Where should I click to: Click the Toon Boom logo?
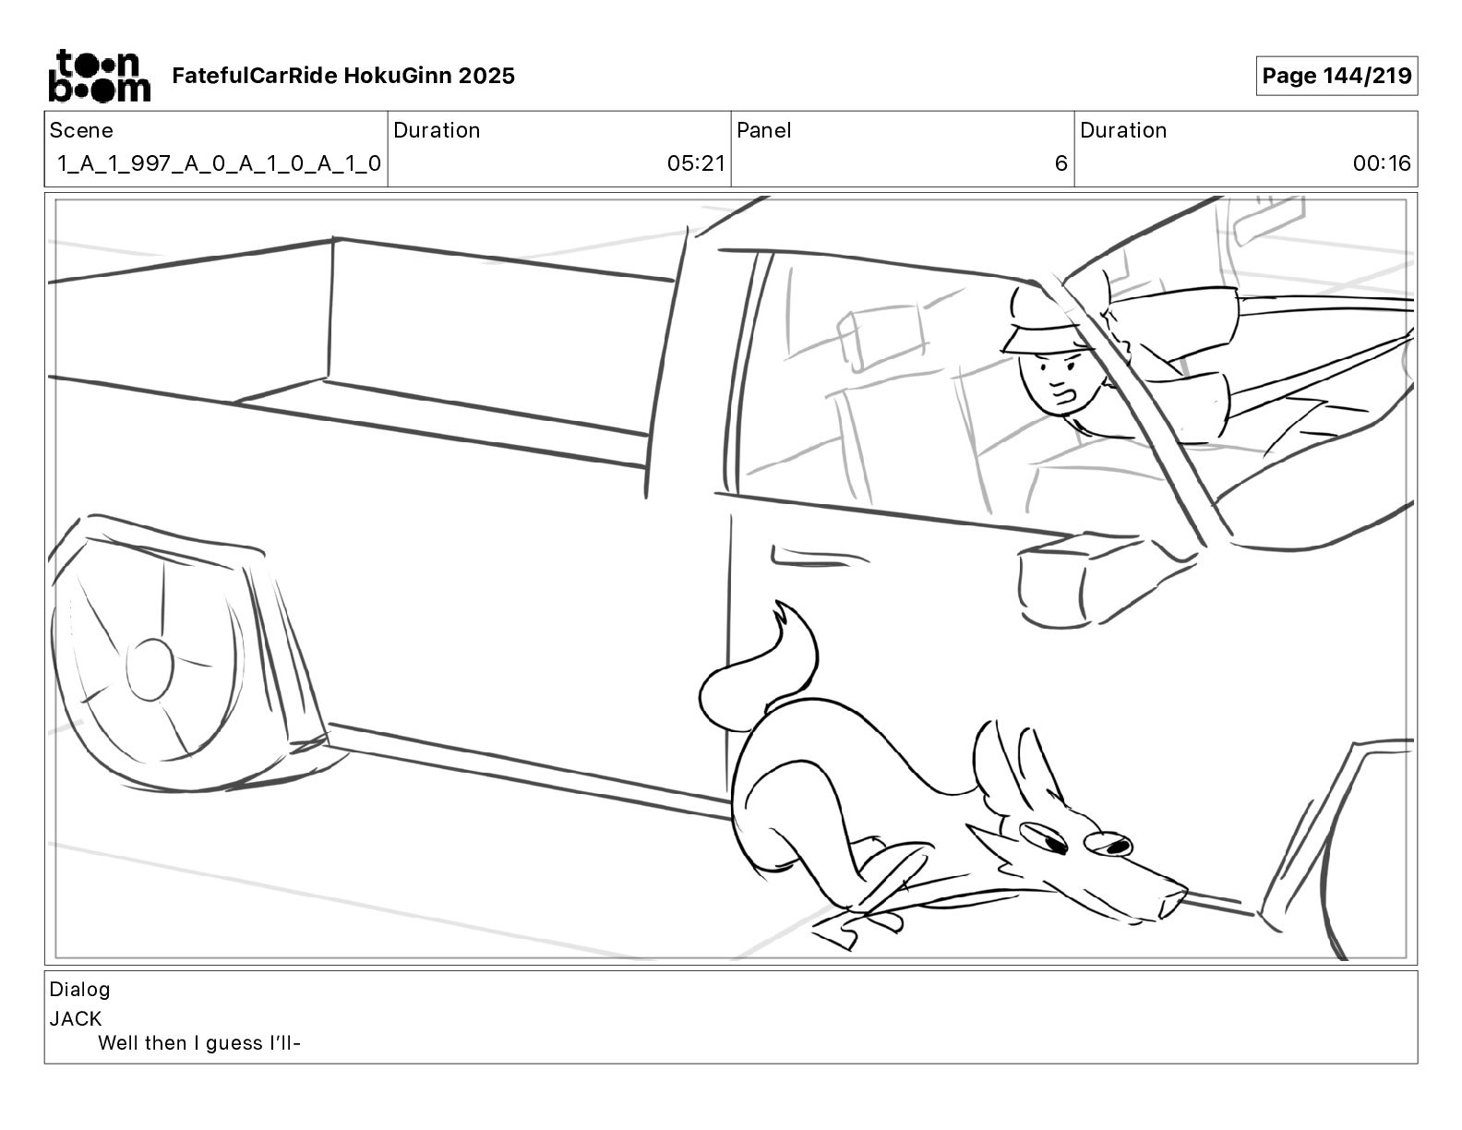tap(99, 76)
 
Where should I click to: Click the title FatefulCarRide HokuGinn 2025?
tap(343, 76)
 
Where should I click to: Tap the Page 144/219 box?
tap(1336, 76)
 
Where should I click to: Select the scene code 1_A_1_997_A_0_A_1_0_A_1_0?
tap(219, 164)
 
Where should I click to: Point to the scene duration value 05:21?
tap(696, 164)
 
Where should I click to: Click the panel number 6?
tap(1061, 164)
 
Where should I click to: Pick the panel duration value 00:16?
tap(1382, 164)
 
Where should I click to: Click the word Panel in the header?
tap(763, 130)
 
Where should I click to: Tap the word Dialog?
tap(79, 990)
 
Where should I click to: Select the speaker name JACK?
tap(76, 1019)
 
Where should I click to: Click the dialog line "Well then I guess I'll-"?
tap(200, 1044)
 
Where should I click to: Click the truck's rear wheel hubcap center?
tap(150, 668)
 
